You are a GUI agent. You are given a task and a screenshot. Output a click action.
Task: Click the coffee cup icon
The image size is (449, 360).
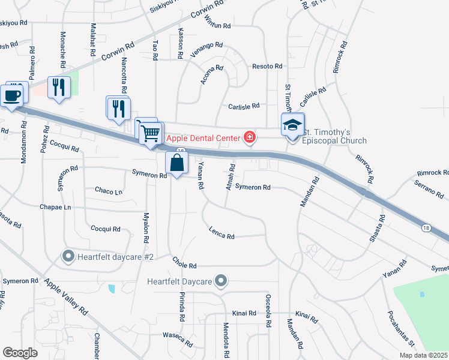12,95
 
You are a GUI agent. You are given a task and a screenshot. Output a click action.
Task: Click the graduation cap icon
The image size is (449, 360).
292,125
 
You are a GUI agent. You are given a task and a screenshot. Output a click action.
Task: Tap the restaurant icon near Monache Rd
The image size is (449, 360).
59,88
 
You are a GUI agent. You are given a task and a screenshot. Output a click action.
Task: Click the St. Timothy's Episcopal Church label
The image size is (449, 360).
334,136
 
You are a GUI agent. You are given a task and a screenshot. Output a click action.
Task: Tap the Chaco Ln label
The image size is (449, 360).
109,191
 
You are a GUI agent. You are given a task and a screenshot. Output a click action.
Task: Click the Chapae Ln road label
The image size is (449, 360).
56,208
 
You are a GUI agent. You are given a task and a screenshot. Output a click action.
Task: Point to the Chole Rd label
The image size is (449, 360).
184,263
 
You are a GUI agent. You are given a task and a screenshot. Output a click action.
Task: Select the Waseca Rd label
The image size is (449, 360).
180,341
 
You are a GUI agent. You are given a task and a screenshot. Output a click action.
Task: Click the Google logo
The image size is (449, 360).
20,353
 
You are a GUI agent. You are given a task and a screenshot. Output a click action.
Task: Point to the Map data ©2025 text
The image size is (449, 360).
423,355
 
